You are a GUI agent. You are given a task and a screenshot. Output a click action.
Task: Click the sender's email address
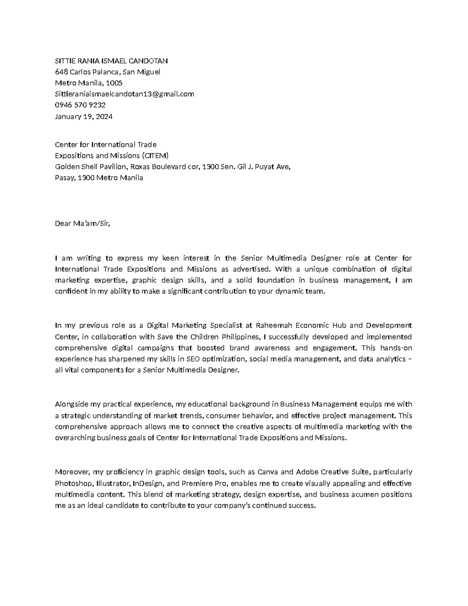click(x=124, y=94)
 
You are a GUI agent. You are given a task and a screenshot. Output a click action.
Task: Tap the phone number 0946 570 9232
click(x=80, y=105)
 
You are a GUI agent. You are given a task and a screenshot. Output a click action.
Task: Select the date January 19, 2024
click(x=83, y=116)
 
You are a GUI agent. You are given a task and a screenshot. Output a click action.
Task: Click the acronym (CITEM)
click(x=155, y=156)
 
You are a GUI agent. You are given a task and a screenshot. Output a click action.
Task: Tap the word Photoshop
click(x=73, y=483)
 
